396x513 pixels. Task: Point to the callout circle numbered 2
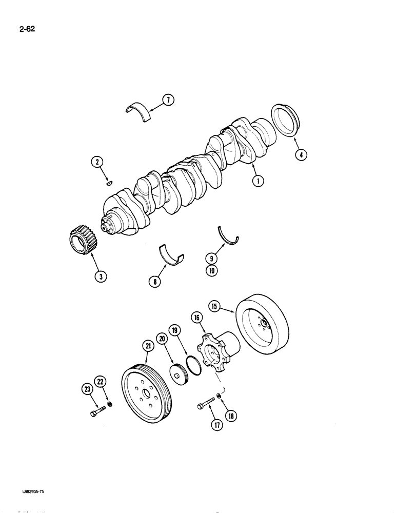pos(96,163)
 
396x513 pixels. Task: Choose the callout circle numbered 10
pos(210,271)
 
